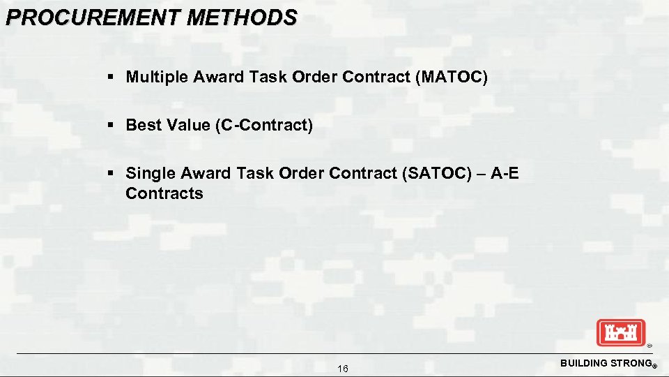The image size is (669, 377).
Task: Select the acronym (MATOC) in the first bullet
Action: coord(451,77)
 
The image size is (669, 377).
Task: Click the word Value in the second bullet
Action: coord(185,125)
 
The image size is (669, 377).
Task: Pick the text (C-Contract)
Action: coord(264,125)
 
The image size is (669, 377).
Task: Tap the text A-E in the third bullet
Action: coord(505,174)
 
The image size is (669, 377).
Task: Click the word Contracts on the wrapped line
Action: coord(164,193)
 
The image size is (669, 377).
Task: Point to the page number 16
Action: coord(343,369)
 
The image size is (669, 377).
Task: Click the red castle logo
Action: coord(621,332)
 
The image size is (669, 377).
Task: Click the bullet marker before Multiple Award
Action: coord(111,77)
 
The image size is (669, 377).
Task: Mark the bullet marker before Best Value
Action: coord(111,126)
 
